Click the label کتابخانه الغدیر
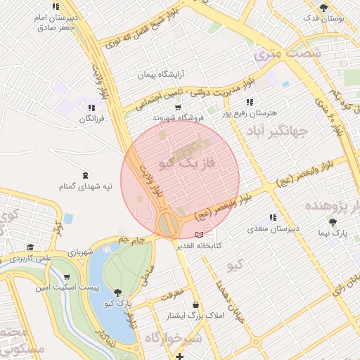(202, 245)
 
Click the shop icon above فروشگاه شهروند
(178, 108)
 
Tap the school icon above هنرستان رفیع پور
(250, 102)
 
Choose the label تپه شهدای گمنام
(86, 187)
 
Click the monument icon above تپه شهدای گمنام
(86, 175)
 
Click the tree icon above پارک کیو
(117, 292)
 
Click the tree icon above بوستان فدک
(323, 8)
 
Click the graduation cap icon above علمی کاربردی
(30, 247)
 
